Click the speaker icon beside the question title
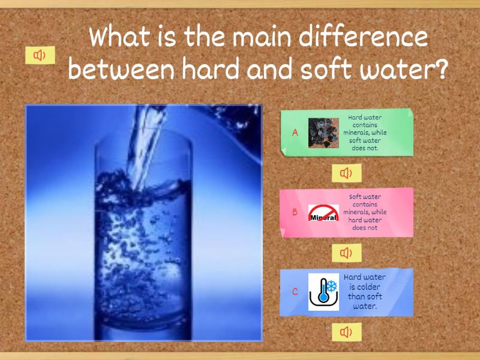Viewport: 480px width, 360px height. [40, 55]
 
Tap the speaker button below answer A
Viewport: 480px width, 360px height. [347, 173]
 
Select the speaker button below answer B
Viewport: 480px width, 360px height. [347, 253]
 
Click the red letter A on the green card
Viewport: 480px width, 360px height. [295, 133]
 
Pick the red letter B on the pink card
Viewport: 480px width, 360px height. [295, 212]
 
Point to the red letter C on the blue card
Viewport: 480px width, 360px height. [295, 292]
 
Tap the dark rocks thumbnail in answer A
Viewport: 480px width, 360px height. [323, 133]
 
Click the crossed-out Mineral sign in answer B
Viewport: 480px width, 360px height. [323, 212]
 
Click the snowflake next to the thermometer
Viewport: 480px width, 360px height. [332, 287]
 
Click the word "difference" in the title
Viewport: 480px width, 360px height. [363, 37]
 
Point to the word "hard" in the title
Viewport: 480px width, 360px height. [211, 69]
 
